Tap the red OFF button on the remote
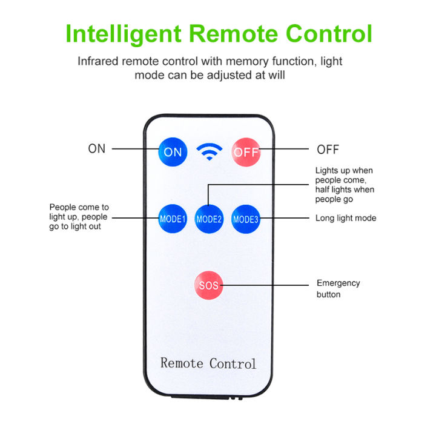pyautogui.click(x=246, y=151)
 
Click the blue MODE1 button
pyautogui.click(x=173, y=218)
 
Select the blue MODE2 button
pyautogui.click(x=209, y=218)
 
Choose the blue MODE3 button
pyautogui.click(x=245, y=218)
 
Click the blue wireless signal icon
pyautogui.click(x=210, y=151)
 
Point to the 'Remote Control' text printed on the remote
pyautogui.click(x=208, y=363)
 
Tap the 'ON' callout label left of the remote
pyautogui.click(x=97, y=149)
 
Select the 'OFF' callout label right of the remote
pyautogui.click(x=328, y=150)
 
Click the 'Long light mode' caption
pyautogui.click(x=346, y=218)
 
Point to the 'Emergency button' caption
pyautogui.click(x=338, y=289)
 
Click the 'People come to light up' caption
pyautogui.click(x=79, y=217)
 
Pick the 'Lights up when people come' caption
pyautogui.click(x=345, y=185)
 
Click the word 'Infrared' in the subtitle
pyautogui.click(x=99, y=61)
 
